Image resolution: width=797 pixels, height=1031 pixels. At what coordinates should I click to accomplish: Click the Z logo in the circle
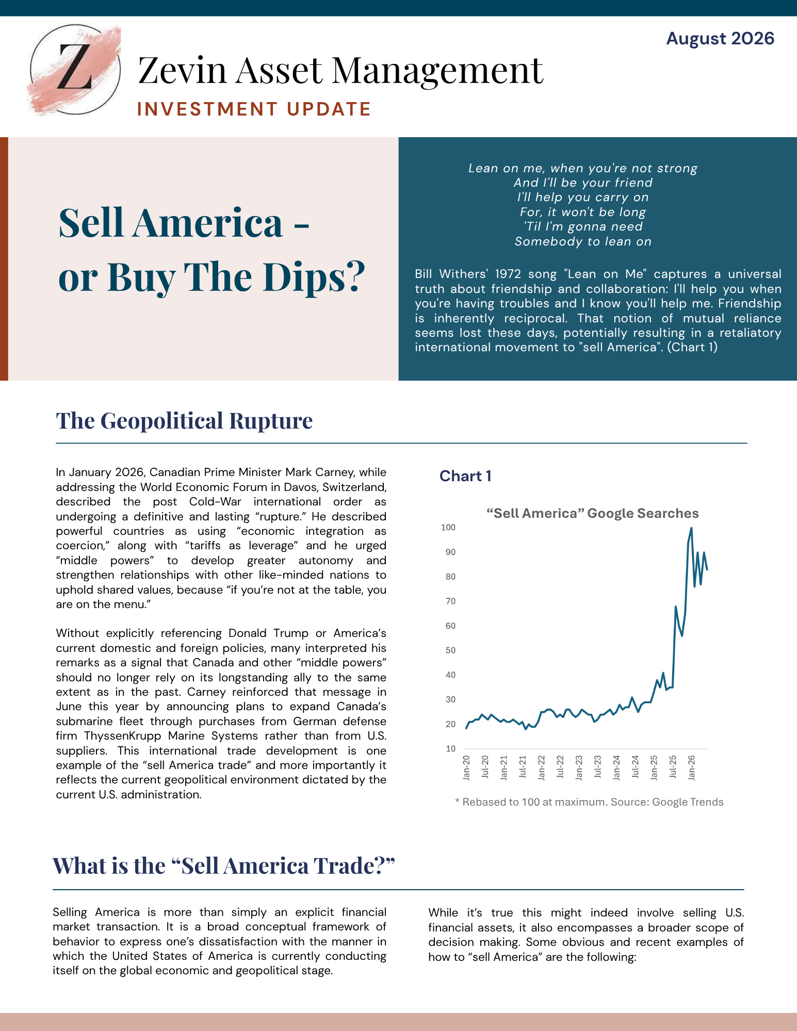(75, 70)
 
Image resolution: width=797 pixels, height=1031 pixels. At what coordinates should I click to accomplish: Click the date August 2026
(720, 39)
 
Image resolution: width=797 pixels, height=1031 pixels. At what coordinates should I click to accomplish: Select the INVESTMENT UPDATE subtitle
(254, 109)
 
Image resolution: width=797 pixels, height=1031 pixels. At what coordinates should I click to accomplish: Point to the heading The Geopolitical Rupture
(184, 420)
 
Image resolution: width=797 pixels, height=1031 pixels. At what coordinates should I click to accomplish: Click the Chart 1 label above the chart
(465, 476)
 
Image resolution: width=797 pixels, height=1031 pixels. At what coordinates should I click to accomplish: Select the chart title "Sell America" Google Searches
(593, 513)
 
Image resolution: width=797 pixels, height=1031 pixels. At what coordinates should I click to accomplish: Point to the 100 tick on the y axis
(448, 527)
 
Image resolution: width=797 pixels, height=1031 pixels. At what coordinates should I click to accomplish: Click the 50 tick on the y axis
(450, 650)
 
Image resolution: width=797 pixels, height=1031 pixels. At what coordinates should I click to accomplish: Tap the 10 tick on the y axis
(450, 749)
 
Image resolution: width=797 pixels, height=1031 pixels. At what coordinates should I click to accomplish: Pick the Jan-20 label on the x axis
(466, 767)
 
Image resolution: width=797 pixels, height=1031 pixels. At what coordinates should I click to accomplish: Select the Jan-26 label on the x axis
(691, 767)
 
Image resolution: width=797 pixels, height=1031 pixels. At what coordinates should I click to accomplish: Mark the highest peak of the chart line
(691, 528)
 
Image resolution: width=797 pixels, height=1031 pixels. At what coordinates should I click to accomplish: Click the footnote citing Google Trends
(589, 802)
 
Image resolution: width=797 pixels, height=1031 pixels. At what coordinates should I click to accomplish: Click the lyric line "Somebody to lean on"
(583, 241)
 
